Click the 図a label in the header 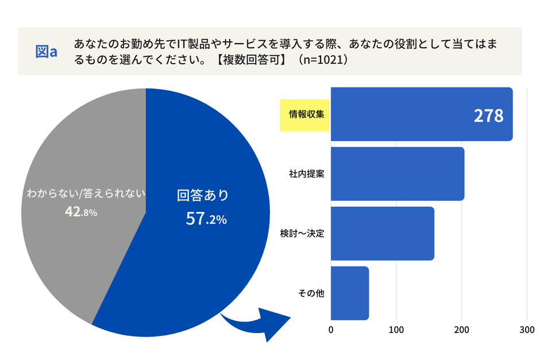46,52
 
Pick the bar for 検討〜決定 382,233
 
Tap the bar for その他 349,293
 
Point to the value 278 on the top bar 488,116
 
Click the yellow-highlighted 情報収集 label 304,114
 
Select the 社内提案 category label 307,174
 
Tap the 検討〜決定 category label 303,234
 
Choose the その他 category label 311,293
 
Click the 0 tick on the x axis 331,330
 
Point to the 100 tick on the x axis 396,330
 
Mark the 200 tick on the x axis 461,330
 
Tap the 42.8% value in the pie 81,212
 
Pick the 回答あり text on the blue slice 203,195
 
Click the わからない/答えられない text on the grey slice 86,193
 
